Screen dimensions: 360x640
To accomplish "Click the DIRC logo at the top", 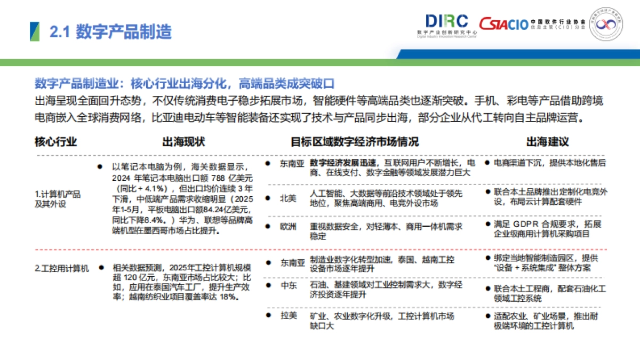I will coord(447,22).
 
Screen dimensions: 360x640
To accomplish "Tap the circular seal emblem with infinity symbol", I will coord(605,24).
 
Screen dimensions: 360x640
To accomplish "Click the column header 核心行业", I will coord(55,142).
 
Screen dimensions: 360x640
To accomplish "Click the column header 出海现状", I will coord(183,142).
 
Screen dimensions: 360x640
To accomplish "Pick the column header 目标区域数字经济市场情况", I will coord(355,142).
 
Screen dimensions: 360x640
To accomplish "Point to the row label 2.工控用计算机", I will coord(61,268).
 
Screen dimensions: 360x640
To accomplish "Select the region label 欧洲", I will coord(289,226).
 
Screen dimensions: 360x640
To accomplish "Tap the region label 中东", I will coord(289,286).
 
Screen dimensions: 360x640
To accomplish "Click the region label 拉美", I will coord(289,316).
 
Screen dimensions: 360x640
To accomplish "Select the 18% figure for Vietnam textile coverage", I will coord(226,297).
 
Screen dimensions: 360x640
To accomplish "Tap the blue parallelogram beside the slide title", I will coord(34,31).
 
